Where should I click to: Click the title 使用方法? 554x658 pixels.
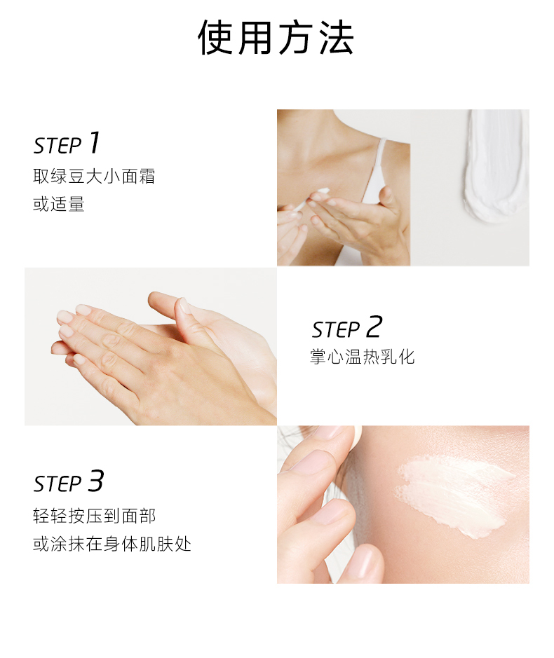[276, 38]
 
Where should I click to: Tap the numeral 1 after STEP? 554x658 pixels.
[94, 143]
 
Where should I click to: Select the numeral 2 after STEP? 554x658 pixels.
[374, 327]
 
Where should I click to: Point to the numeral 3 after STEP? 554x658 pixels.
[95, 481]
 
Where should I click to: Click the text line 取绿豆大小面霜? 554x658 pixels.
[94, 177]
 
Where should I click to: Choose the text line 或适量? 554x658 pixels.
[59, 204]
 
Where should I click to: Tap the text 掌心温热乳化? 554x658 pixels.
[362, 357]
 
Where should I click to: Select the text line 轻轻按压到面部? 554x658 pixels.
[94, 516]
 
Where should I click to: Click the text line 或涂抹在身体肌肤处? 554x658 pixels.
[112, 544]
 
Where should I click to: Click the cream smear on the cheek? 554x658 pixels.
[454, 495]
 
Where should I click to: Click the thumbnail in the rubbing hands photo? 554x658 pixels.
[184, 305]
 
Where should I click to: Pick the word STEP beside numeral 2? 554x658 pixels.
[336, 330]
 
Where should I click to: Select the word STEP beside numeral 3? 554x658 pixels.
[58, 484]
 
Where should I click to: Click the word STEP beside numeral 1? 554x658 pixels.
[58, 146]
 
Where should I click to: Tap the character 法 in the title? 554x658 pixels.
[336, 38]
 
